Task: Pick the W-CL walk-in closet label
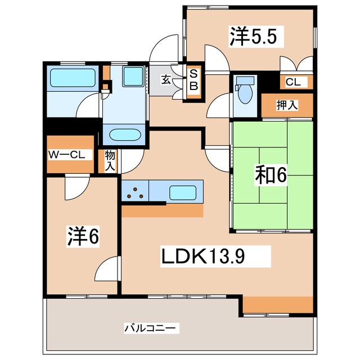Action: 69,154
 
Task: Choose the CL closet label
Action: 294,82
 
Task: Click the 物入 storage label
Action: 109,160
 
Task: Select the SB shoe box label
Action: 193,79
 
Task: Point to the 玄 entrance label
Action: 166,79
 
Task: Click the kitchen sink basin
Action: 183,191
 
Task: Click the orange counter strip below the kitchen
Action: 162,210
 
